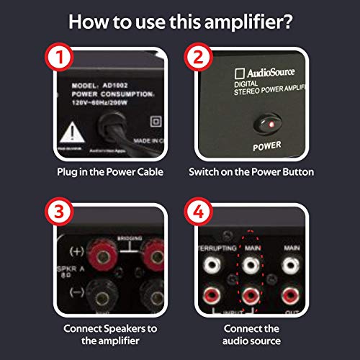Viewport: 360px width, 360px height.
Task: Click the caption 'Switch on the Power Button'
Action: [x=251, y=173]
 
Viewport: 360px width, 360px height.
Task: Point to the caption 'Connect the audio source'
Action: [x=251, y=333]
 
